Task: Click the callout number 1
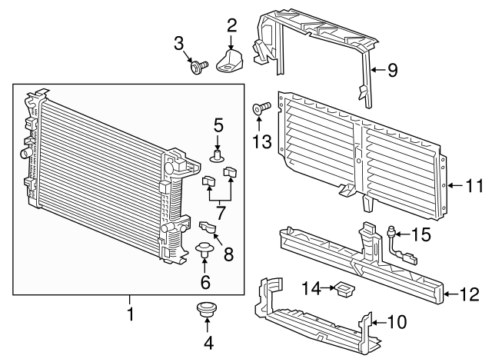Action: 130,314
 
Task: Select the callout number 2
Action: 231,25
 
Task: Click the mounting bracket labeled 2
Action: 232,61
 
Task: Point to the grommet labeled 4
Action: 206,311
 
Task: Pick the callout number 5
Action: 218,123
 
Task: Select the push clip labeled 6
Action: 205,249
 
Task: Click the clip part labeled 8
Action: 208,227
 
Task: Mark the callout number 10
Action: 397,321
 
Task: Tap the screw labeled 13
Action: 258,108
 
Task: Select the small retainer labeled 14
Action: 343,289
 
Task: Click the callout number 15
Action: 421,234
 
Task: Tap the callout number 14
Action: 311,288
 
